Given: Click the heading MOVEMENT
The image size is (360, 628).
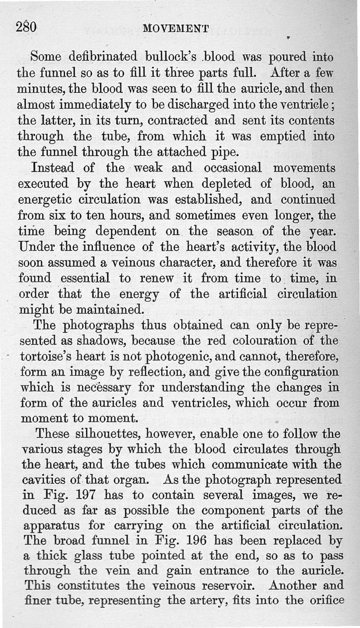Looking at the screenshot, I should [175, 29].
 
